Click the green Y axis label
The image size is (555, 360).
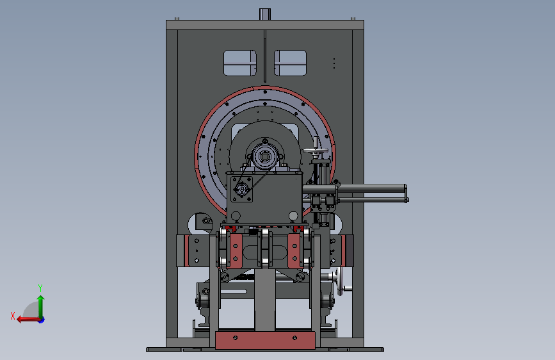click(40, 288)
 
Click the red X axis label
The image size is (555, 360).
click(13, 316)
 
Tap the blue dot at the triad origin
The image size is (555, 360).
click(42, 320)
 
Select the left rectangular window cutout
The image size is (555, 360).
click(240, 63)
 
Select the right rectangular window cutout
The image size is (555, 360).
click(290, 63)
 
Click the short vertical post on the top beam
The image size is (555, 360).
click(265, 14)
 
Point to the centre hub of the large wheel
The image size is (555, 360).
click(264, 156)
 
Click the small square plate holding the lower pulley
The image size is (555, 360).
click(241, 189)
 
